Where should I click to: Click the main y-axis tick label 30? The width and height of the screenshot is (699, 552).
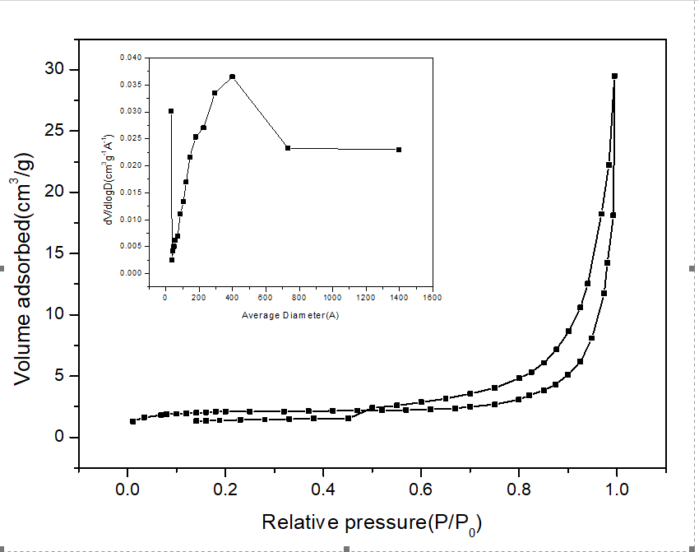54,69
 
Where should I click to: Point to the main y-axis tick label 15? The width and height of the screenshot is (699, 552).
54,253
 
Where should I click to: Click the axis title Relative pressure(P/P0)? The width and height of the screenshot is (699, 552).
371,522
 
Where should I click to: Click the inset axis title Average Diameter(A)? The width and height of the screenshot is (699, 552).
290,315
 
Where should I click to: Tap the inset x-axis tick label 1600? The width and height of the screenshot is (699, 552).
433,297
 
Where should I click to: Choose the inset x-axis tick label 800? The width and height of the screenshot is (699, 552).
299,297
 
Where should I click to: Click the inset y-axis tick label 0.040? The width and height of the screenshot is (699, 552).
130,58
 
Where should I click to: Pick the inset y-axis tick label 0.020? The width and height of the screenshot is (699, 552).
130,165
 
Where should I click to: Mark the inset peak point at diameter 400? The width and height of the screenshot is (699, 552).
233,77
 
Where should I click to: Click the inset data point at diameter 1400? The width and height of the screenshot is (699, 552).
399,150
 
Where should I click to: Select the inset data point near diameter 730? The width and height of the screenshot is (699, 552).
288,148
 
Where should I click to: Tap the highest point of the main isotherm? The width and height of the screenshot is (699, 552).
614,76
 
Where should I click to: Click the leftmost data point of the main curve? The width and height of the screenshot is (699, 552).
132,421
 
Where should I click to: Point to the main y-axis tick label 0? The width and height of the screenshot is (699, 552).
59,438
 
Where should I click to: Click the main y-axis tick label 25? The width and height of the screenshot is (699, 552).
54,131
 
